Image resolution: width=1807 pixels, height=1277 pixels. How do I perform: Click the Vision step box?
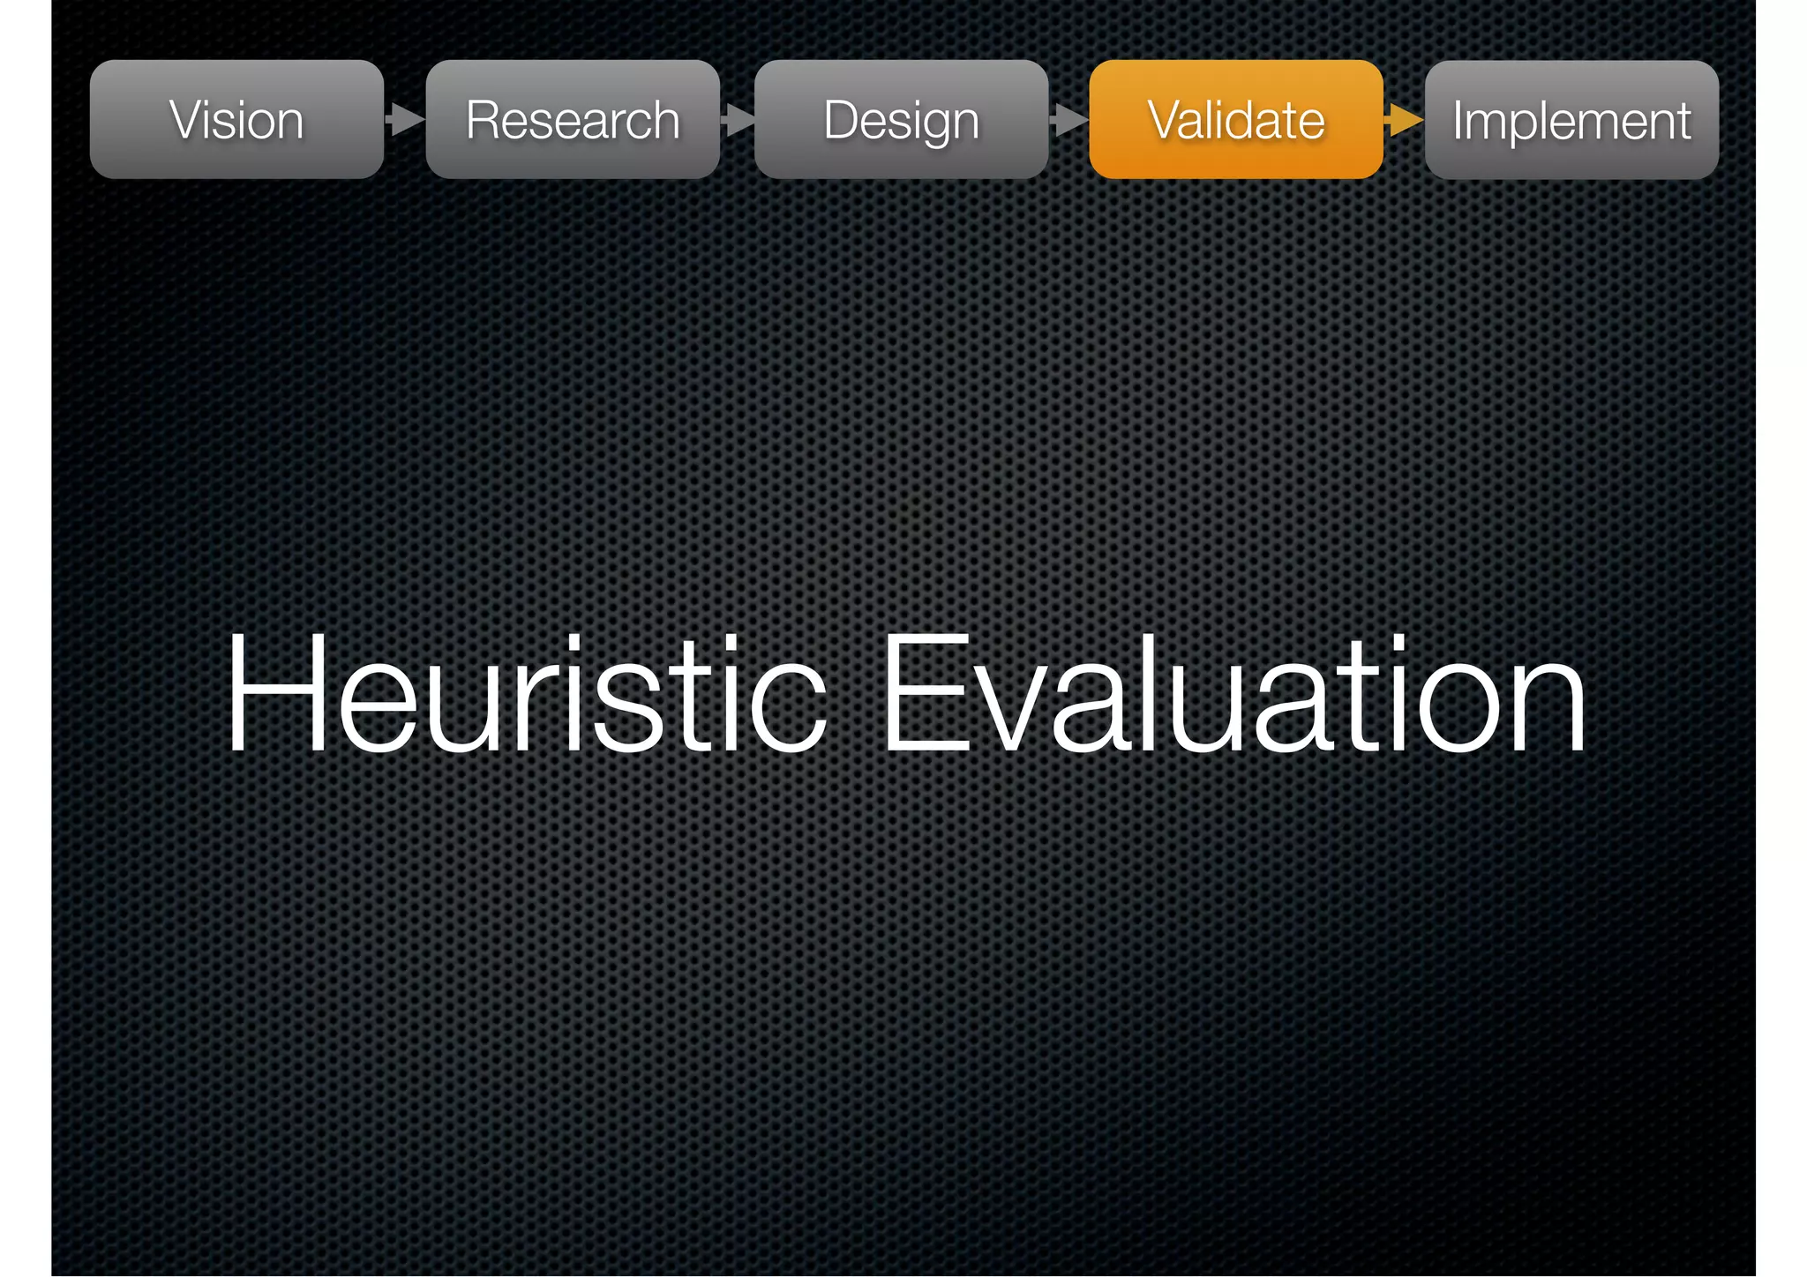(236, 119)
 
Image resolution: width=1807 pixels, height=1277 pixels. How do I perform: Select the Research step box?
(573, 119)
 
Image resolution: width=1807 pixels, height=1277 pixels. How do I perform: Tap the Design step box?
(901, 119)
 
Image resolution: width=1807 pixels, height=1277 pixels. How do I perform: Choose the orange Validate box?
(1235, 119)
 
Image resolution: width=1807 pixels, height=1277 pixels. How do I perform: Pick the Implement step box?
(1571, 119)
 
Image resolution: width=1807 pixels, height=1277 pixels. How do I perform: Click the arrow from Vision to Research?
(404, 119)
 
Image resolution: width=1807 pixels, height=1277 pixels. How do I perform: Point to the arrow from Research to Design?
(738, 119)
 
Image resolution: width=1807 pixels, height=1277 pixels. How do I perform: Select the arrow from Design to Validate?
(1068, 119)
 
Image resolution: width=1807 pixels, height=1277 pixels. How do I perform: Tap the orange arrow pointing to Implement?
(1404, 119)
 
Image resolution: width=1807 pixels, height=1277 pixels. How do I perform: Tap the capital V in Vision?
(185, 119)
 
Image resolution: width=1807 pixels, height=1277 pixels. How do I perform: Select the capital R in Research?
(484, 119)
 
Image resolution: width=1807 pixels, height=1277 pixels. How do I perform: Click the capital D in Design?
(841, 119)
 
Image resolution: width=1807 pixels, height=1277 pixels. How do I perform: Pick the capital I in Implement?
(1460, 119)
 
